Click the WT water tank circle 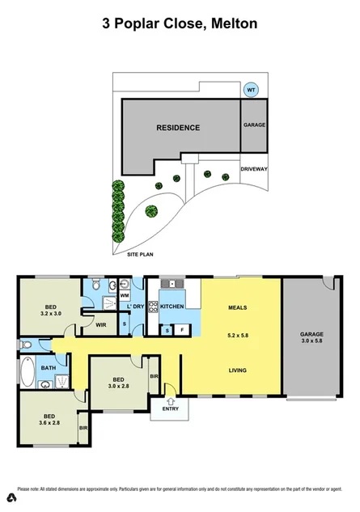[x=251, y=89]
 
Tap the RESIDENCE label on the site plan [x=178, y=128]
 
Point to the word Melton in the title [x=235, y=24]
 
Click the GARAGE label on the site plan [x=254, y=125]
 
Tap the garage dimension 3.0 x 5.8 [x=311, y=342]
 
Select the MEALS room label [x=236, y=308]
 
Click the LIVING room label [x=236, y=371]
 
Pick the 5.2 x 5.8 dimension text [x=236, y=334]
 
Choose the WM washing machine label [x=125, y=296]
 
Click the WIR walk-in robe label [x=101, y=325]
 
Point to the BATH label [x=49, y=369]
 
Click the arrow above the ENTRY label [x=171, y=400]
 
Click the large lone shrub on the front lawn [x=150, y=212]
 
